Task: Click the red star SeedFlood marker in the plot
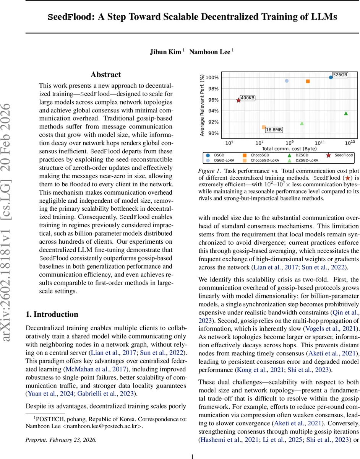(238, 100)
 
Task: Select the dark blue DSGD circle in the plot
(331, 77)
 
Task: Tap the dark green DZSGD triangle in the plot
(346, 113)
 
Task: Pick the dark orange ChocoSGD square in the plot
(308, 81)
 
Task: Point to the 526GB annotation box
(340, 75)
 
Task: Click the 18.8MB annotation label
(274, 130)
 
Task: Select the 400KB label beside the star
(248, 98)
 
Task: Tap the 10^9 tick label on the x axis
(290, 142)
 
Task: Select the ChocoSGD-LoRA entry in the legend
(264, 161)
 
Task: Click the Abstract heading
(106, 75)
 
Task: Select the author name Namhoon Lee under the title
(211, 51)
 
